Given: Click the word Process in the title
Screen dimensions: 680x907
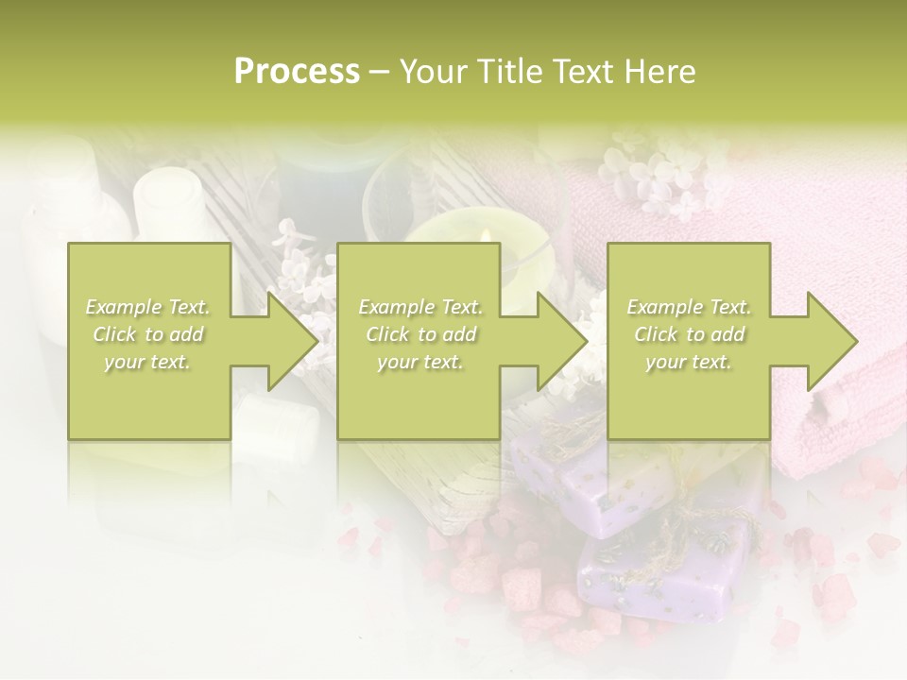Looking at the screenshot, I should [x=297, y=72].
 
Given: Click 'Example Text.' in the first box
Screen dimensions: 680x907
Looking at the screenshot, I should [x=148, y=307].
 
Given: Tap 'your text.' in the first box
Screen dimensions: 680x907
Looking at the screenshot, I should [x=148, y=362].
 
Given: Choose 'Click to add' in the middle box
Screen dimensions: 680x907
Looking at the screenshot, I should [x=420, y=334].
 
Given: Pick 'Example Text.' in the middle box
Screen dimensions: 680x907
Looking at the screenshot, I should [x=420, y=307].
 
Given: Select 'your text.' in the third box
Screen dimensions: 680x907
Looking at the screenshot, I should [x=689, y=362].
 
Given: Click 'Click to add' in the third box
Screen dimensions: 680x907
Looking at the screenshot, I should [x=689, y=334].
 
